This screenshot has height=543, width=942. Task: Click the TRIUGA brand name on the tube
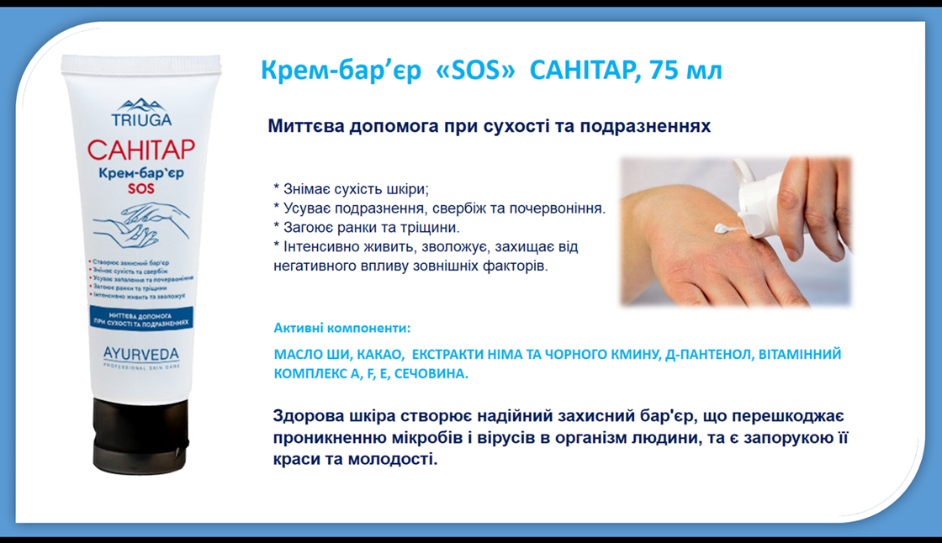click(x=142, y=119)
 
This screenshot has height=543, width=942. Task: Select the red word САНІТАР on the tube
click(x=141, y=150)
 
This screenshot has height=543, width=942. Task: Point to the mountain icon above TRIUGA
click(x=142, y=104)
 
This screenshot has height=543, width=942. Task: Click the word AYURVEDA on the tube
click(x=140, y=354)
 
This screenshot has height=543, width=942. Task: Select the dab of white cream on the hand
click(x=722, y=227)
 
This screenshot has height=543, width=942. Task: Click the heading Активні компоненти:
click(x=342, y=328)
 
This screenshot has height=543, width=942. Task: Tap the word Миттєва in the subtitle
click(x=305, y=127)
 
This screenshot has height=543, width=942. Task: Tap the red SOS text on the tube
click(x=141, y=189)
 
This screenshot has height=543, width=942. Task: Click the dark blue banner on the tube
click(x=140, y=319)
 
